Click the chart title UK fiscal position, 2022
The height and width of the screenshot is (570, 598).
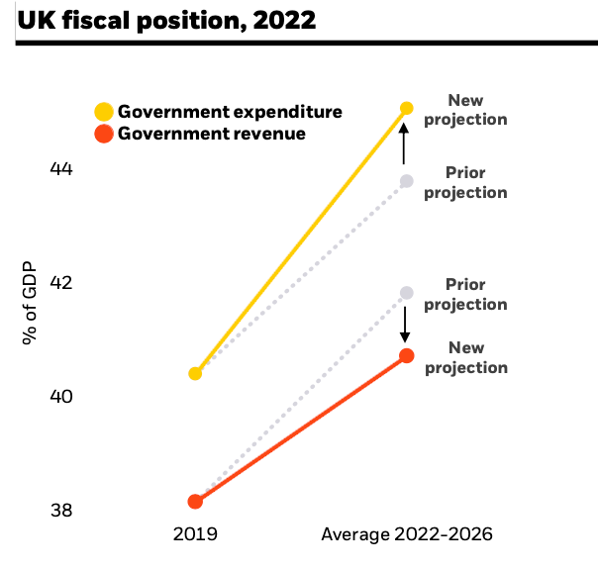166,20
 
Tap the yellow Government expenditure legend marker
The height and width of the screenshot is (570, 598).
103,111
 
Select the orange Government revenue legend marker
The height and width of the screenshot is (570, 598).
103,134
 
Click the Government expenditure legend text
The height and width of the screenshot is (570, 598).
230,111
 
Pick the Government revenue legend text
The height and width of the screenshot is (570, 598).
212,134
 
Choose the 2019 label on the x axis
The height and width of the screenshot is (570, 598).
195,535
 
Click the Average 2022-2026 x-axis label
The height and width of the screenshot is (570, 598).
406,535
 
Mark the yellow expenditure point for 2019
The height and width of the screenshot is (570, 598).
195,373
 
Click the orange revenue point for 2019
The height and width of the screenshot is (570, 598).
195,502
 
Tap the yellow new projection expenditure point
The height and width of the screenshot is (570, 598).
406,108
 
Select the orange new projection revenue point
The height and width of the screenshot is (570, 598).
406,355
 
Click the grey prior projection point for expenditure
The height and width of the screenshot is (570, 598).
406,181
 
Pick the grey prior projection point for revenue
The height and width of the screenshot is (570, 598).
406,293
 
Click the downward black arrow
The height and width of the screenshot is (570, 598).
405,324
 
